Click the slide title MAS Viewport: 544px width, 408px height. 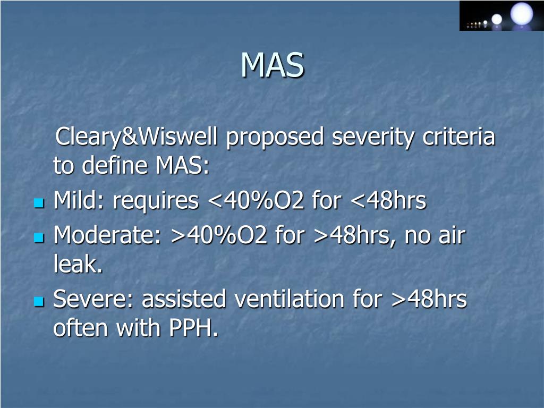click(272, 65)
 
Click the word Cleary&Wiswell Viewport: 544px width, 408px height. click(137, 138)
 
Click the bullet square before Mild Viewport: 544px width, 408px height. click(38, 203)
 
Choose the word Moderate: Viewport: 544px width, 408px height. click(107, 236)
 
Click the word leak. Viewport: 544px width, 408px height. click(78, 265)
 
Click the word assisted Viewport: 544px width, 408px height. click(183, 300)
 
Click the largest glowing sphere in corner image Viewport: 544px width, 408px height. click(521, 13)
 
